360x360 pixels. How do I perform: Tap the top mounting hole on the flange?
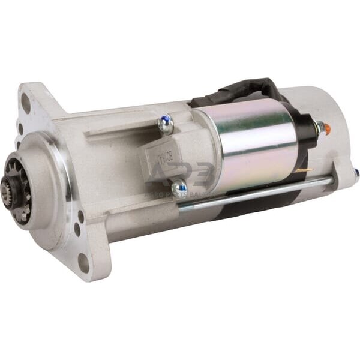[x=26, y=103]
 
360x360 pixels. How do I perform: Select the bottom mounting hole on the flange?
[x=83, y=263]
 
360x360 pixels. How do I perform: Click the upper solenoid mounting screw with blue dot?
[x=166, y=125]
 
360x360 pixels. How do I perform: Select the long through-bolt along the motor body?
[x=258, y=193]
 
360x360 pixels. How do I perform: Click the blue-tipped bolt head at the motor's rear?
[x=356, y=174]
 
